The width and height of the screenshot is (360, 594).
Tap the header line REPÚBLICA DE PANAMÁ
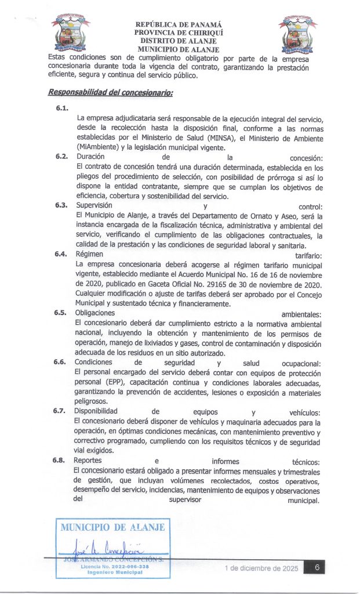pyautogui.click(x=178, y=25)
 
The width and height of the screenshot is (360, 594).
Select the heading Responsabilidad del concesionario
pyautogui.click(x=111, y=92)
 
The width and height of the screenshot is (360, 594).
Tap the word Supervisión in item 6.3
pyautogui.click(x=94, y=205)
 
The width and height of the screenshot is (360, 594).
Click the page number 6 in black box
pyautogui.click(x=318, y=567)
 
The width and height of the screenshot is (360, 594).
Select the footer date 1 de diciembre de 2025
pyautogui.click(x=261, y=568)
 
